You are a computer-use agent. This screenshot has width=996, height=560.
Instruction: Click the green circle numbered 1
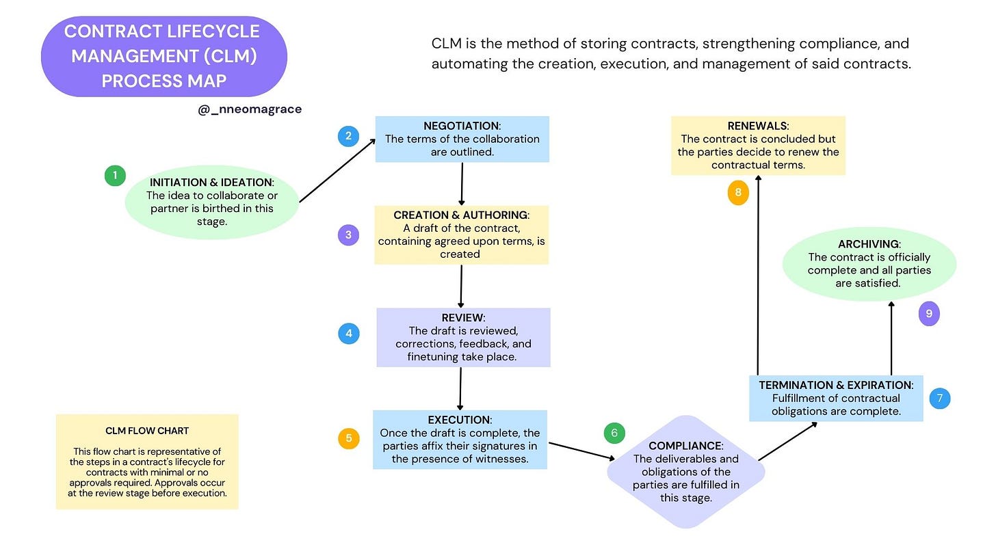click(115, 176)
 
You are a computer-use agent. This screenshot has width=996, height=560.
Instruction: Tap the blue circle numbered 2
click(348, 136)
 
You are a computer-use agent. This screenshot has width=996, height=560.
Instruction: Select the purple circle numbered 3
click(348, 235)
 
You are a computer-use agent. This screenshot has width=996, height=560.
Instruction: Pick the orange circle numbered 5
click(348, 438)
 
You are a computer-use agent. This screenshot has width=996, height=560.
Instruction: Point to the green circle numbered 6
click(614, 433)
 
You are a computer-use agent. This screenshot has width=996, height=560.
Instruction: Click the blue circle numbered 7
click(940, 398)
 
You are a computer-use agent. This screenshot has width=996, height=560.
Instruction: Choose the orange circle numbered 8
click(738, 193)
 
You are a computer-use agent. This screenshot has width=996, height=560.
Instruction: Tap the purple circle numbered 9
click(929, 314)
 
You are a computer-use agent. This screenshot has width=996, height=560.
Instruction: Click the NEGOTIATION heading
click(461, 126)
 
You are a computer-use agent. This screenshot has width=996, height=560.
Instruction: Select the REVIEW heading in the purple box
click(462, 318)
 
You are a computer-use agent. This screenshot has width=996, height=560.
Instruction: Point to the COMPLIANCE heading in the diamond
click(685, 446)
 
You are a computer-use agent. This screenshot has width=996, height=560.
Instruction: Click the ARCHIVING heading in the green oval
click(869, 244)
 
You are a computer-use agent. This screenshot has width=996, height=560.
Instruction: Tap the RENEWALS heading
click(757, 126)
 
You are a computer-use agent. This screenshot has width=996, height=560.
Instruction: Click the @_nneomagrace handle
click(250, 109)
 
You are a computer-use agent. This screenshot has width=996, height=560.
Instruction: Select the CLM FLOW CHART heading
click(147, 431)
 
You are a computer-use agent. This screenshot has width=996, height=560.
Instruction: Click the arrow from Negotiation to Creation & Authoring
click(462, 183)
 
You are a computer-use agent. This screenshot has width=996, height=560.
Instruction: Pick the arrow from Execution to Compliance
click(581, 451)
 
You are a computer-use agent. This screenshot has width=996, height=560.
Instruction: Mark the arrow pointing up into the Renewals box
click(758, 274)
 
